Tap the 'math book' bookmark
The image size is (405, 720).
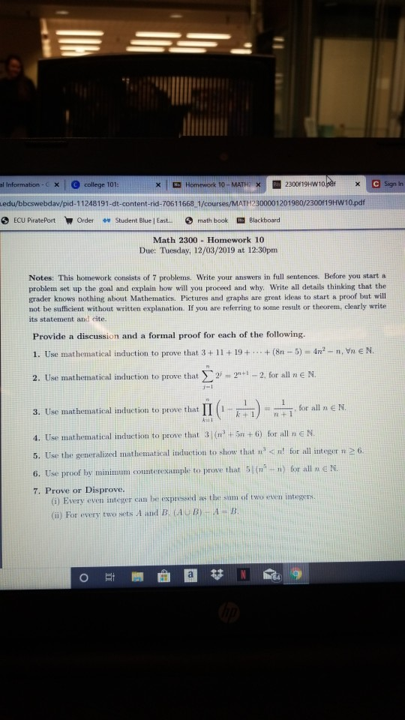tap(212, 220)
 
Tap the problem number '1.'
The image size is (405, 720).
tap(37, 351)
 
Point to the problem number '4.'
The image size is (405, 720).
tap(37, 435)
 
